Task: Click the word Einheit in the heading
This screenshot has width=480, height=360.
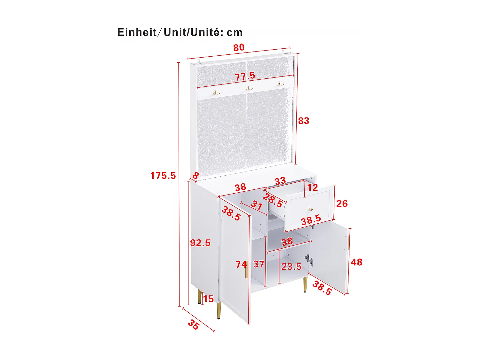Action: [137, 32]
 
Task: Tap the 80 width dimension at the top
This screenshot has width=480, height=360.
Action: [239, 48]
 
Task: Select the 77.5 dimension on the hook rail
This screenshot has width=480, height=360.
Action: [245, 76]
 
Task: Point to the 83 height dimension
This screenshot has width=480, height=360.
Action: [303, 121]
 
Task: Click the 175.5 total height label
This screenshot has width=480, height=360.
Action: [163, 176]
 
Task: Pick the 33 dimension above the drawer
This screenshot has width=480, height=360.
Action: [280, 181]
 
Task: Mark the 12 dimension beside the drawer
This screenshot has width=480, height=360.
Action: [312, 187]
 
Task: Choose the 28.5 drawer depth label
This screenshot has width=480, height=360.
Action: [273, 200]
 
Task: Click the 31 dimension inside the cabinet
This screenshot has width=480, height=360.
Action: [257, 205]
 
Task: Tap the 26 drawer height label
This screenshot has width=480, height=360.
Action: [342, 204]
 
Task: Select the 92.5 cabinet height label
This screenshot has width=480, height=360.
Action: [200, 243]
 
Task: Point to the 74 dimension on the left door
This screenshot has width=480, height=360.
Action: [241, 265]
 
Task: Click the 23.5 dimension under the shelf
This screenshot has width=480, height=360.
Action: [291, 266]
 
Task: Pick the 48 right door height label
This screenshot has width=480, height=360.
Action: [356, 262]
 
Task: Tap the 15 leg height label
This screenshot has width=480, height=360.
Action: [208, 299]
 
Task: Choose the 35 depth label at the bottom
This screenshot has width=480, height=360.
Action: [194, 324]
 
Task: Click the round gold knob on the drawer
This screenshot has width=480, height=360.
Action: [310, 209]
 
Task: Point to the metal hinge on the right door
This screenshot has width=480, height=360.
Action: [308, 260]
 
